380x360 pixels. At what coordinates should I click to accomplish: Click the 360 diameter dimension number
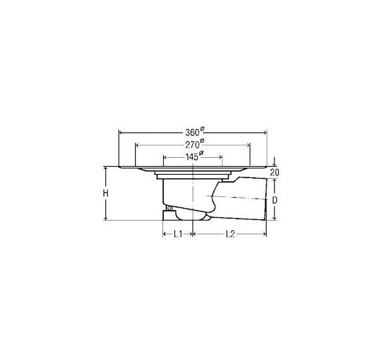[x=193, y=132]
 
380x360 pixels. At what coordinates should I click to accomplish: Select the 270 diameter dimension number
[x=193, y=145]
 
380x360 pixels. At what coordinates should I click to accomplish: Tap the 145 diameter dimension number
[x=192, y=157]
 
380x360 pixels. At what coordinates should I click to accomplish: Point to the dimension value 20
[x=275, y=173]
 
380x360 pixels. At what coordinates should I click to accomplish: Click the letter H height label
[x=105, y=194]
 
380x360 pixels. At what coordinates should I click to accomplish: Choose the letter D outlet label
[x=275, y=200]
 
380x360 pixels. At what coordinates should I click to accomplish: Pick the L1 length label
[x=178, y=234]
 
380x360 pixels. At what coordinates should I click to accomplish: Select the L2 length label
[x=230, y=234]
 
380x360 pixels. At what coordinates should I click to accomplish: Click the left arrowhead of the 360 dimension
[x=121, y=133]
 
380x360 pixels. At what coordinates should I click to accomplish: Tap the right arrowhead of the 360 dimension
[x=265, y=133]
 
